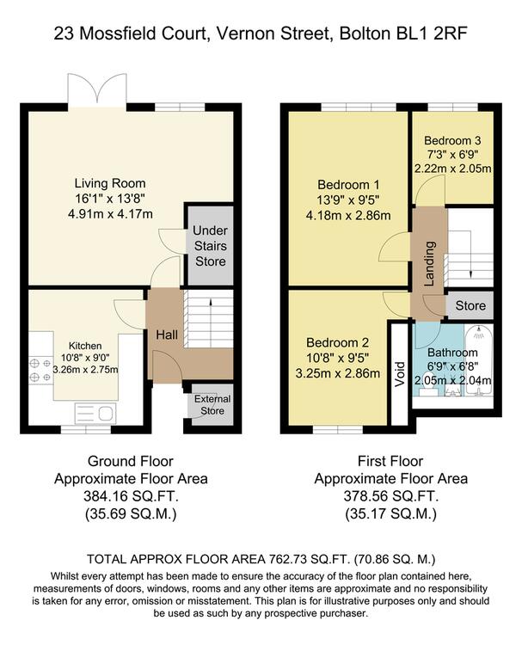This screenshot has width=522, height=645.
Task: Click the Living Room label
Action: [110, 183]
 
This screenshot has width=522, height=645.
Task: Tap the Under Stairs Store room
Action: [210, 246]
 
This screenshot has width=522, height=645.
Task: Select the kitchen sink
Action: [95, 413]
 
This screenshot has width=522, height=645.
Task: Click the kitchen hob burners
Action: [40, 370]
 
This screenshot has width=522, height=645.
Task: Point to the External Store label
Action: [212, 405]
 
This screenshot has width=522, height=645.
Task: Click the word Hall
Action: [167, 335]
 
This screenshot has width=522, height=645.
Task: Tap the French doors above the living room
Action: [97, 91]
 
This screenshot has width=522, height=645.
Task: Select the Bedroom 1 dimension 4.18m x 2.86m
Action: [348, 215]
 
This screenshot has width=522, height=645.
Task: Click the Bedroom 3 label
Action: [452, 140]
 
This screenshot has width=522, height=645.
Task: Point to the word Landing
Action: [429, 264]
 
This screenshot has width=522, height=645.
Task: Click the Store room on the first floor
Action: [470, 305]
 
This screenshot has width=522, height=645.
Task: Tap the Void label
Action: [399, 374]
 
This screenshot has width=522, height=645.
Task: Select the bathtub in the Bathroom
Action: [478, 360]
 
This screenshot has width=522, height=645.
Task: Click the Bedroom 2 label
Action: [337, 342]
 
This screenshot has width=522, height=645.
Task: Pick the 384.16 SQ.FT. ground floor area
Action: [131, 496]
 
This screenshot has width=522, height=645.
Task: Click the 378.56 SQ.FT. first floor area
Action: [390, 496]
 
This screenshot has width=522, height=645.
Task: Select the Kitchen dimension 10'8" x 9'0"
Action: [85, 358]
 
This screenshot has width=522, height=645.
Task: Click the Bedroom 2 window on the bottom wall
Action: [338, 430]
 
